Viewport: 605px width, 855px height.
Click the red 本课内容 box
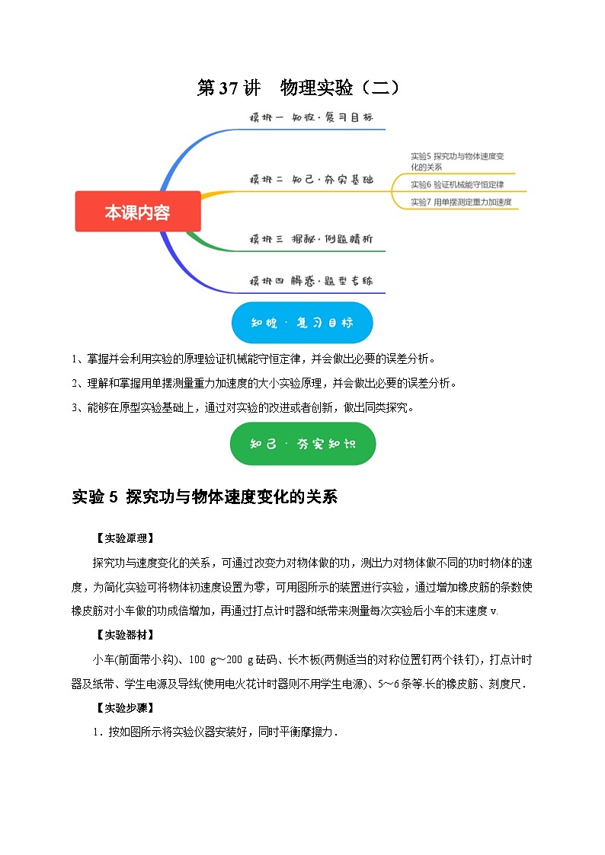[x=138, y=212]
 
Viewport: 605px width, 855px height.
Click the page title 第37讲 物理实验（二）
[x=298, y=88]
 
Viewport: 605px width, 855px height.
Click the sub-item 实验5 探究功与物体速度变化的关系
[x=457, y=161]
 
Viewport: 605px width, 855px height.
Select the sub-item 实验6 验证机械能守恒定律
[x=456, y=184]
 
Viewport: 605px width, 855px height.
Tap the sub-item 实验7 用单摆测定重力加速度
[x=460, y=202]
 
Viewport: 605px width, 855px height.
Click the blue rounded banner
[x=302, y=322]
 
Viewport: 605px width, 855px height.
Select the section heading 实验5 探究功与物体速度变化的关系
[x=203, y=497]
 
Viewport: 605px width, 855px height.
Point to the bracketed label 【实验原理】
[x=125, y=538]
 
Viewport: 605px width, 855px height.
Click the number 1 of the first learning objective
[x=75, y=359]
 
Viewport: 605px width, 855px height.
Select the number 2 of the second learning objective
[x=75, y=383]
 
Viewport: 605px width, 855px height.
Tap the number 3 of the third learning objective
[x=75, y=407]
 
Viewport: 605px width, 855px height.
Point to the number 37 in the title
[x=229, y=88]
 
